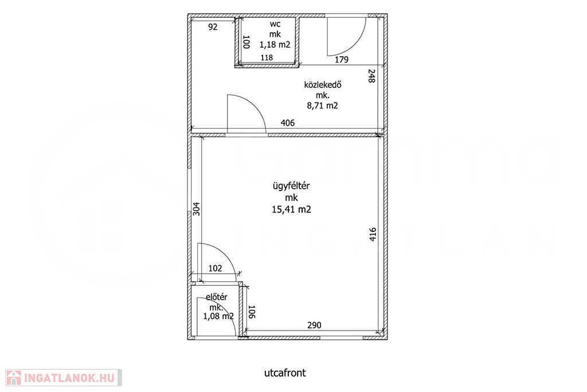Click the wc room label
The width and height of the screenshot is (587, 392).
pos(275,24)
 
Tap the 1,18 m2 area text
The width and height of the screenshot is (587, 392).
pos(275,45)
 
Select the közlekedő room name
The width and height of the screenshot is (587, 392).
pos(323,85)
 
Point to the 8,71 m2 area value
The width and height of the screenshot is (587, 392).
pos(323,106)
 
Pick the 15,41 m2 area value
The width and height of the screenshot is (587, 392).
pos(292,209)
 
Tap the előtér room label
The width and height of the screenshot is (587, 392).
pos(217,297)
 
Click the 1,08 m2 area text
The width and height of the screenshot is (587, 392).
pos(218,316)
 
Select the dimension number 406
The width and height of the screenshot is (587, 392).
pos(288,123)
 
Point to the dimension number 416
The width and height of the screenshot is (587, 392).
pos(373,234)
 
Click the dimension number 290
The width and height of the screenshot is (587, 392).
pos(315,325)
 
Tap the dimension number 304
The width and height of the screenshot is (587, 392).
pos(196,209)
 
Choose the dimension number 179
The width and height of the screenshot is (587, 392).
pos(342,60)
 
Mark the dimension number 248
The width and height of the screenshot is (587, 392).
pos(371,76)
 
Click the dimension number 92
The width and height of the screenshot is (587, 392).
pos(213,27)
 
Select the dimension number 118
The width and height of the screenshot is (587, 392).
pos(267,58)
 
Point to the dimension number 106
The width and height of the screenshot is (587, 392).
pos(252,312)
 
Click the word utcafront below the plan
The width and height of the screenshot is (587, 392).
pos(285,373)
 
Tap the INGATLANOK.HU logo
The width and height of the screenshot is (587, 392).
pos(64,378)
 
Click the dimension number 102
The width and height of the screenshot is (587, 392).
pos(216,269)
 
